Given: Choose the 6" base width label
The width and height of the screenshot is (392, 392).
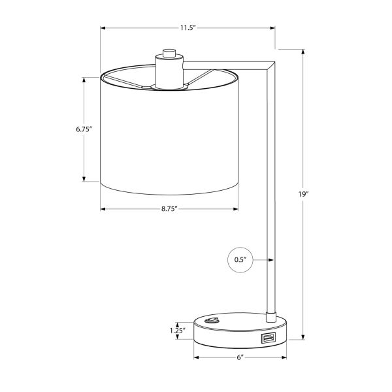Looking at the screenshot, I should coord(240,357).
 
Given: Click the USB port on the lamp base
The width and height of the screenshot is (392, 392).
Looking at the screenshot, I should coord(267,338).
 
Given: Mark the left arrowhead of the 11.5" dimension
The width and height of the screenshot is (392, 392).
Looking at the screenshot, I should coord(103,27).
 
